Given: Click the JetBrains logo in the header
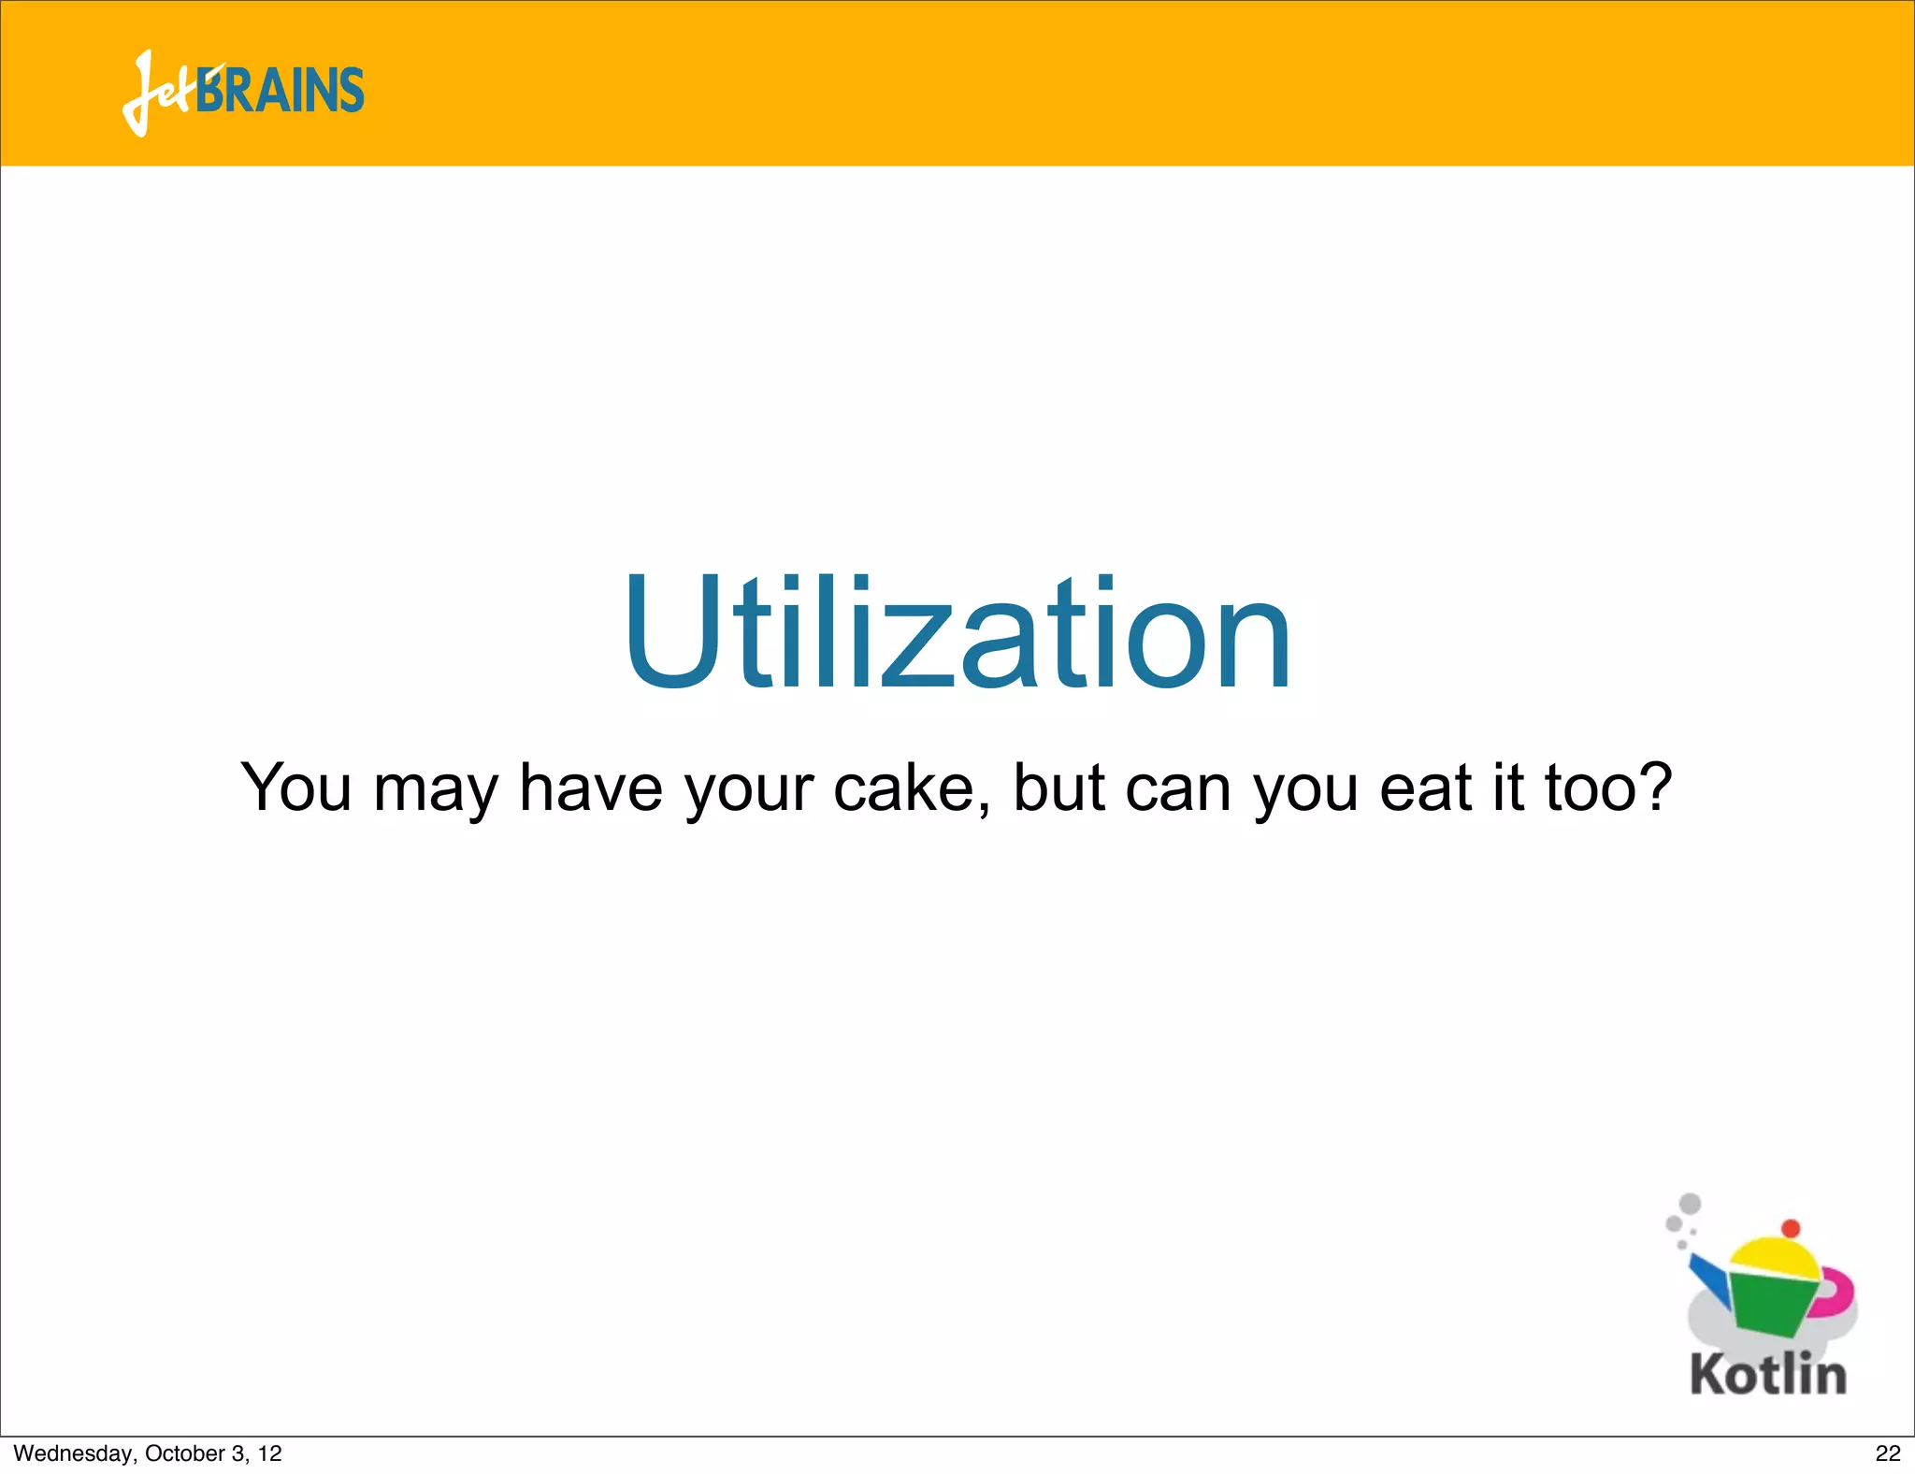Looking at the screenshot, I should [x=243, y=92].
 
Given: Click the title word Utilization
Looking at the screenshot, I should [x=957, y=634].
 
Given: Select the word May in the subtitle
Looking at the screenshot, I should [x=436, y=788].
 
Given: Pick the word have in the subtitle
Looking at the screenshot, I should [x=591, y=788].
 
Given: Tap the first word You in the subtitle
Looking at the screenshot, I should [x=295, y=788].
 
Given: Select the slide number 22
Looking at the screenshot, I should [x=1888, y=1453].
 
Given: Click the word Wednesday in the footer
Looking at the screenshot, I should [x=74, y=1453].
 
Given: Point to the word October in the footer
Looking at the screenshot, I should [x=182, y=1453].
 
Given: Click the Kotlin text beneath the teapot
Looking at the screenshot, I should [x=1768, y=1375].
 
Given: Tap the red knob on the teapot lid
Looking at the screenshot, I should [x=1791, y=1228].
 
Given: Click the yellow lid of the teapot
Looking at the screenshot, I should [x=1773, y=1258].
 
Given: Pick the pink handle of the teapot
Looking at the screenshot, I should [x=1837, y=1291].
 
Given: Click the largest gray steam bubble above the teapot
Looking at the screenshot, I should [x=1690, y=1204].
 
